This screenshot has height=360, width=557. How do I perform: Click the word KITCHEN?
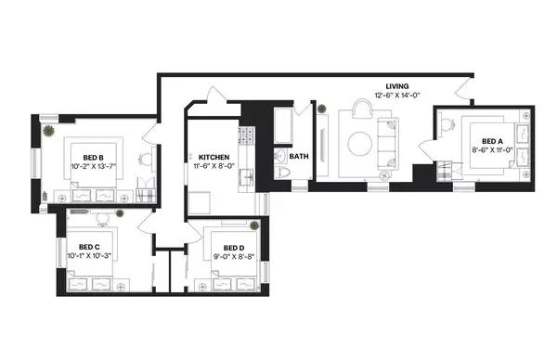pos(214,158)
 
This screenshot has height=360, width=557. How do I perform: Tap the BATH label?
pos(298,157)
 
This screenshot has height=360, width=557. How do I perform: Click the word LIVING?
pos(397,85)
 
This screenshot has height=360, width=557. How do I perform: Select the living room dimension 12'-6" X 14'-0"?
pos(397,96)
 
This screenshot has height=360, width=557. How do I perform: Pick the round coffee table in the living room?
pos(360,144)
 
